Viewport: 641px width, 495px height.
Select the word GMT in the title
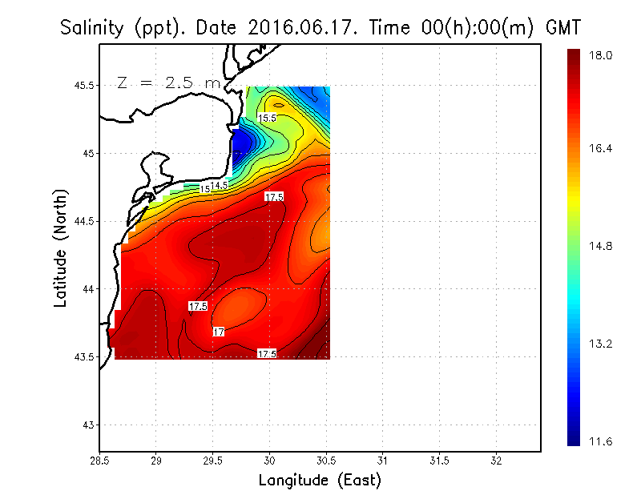[x=562, y=28]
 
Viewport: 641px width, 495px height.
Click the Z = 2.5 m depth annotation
[x=167, y=82]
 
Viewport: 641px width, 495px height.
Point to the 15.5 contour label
[x=267, y=118]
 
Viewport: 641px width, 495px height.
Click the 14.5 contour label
[x=220, y=185]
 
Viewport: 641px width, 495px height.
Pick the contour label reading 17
[x=218, y=332]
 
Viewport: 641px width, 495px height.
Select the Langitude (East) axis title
[x=320, y=481]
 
